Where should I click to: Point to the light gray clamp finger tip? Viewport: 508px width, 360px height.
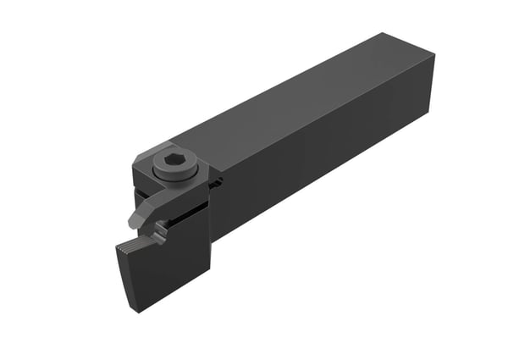[135, 222]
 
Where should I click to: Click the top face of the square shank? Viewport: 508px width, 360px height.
[296, 93]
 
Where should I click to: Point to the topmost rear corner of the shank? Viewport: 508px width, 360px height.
[384, 33]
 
